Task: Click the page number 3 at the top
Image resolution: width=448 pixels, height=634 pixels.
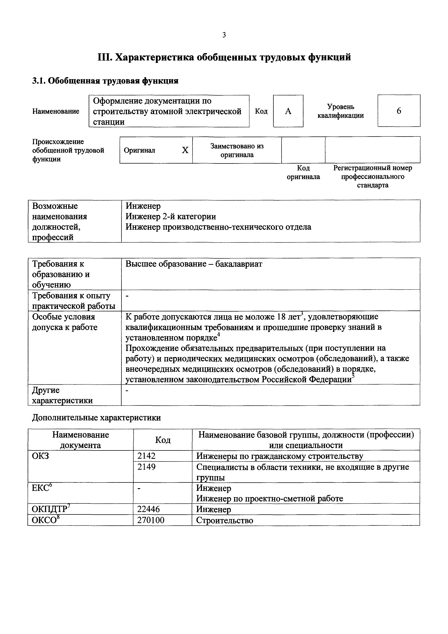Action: pyautogui.click(x=224, y=35)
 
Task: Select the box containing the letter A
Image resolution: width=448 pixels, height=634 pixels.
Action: pyautogui.click(x=288, y=111)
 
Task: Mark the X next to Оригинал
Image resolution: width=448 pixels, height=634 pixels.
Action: pyautogui.click(x=185, y=150)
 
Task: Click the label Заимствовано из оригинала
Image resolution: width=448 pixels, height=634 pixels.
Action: pyautogui.click(x=237, y=150)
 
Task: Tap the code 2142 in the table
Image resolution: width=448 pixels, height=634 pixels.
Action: pyautogui.click(x=146, y=456)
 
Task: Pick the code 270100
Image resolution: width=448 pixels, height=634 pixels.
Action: pyautogui.click(x=151, y=520)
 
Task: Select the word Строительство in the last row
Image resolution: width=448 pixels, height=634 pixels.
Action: pyautogui.click(x=224, y=520)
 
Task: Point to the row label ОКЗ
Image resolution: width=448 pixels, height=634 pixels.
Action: pyautogui.click(x=40, y=456)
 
